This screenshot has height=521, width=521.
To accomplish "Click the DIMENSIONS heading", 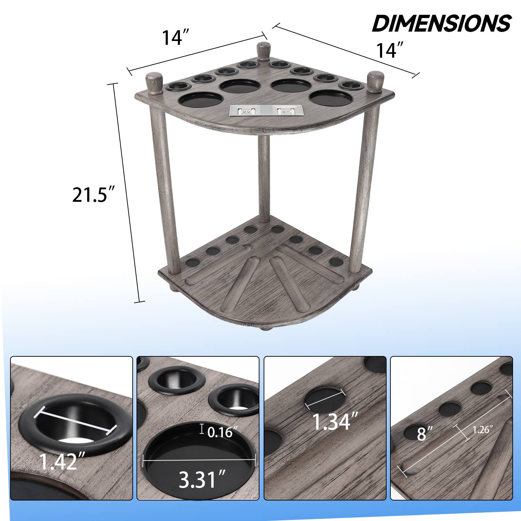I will point(441,23).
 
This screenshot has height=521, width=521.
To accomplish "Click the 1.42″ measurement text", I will point(58,461).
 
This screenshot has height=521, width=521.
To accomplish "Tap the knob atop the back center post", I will point(263,49).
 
